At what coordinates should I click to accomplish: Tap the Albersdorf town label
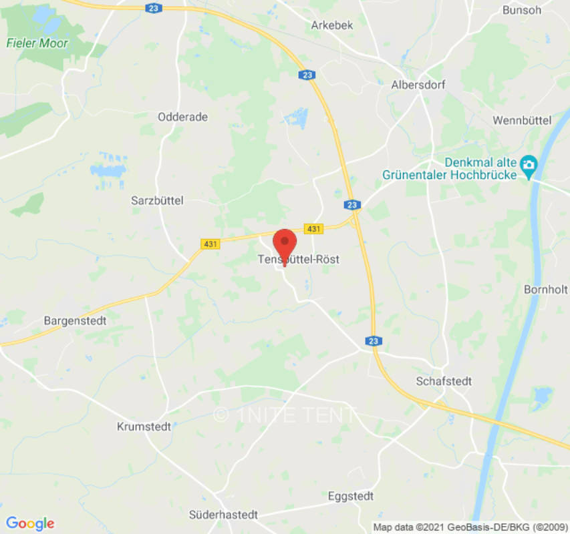tap(418, 85)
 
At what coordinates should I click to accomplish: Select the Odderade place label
tap(182, 117)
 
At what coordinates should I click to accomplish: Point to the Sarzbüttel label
tap(157, 200)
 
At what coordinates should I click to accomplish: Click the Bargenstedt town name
tap(76, 320)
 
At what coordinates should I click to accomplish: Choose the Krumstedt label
tap(144, 426)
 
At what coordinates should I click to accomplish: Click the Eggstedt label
tap(350, 496)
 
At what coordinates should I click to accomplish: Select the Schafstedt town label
tap(444, 381)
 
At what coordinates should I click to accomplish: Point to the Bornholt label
tap(546, 290)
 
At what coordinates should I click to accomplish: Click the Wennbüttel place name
tap(521, 120)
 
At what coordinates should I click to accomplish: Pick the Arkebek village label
tap(331, 25)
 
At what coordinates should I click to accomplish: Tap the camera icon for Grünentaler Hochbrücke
tap(529, 164)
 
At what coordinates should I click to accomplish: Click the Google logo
tap(29, 523)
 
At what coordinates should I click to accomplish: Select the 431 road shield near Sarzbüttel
tap(210, 244)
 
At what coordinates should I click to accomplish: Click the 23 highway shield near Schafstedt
tap(374, 341)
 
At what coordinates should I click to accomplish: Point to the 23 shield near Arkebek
tap(307, 75)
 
